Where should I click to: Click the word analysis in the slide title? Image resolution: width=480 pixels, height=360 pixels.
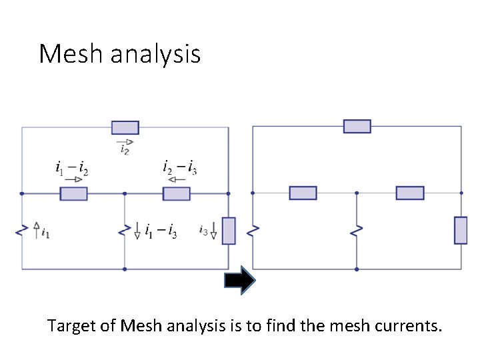point(155,55)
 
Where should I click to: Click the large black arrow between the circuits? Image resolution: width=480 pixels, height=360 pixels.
point(240,281)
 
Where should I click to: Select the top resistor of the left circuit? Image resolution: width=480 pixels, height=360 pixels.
point(125,127)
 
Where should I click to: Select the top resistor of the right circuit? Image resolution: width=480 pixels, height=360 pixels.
point(357,126)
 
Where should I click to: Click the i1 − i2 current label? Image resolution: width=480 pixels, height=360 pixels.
point(71,167)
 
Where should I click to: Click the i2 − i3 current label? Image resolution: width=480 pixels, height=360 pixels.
point(179,167)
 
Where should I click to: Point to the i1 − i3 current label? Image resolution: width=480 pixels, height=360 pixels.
point(161,232)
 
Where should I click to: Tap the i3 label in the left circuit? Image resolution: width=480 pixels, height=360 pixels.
point(203,231)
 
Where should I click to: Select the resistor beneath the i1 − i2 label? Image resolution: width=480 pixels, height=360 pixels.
point(73,193)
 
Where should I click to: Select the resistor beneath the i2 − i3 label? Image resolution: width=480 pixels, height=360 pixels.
point(177,193)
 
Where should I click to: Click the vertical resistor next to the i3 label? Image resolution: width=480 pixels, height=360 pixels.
point(229,231)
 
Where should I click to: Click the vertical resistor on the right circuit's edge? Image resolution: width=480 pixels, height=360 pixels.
point(461,230)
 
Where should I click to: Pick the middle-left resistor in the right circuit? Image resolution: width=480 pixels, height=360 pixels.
point(303,193)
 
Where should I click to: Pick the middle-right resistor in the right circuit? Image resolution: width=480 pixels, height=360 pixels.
point(409,193)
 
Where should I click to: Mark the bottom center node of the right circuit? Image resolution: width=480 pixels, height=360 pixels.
point(357,269)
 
